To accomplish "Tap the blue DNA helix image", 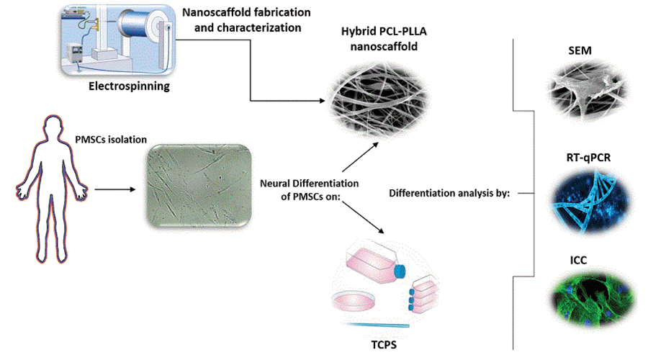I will [x=582, y=196].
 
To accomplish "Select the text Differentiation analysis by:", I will [x=449, y=193].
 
